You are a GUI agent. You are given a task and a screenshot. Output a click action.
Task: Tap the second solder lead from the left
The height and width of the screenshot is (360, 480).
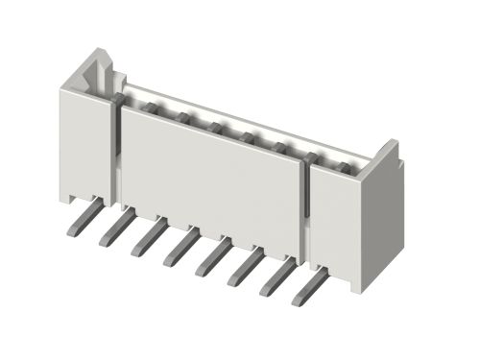(x=114, y=230)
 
